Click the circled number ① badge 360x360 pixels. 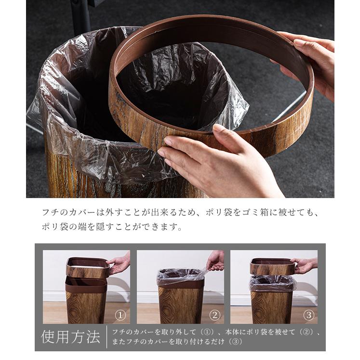pyautogui.click(x=120, y=316)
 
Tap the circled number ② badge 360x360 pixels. pyautogui.click(x=214, y=316)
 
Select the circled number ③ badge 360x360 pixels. pyautogui.click(x=308, y=316)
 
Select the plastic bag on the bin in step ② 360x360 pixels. pyautogui.click(x=180, y=277)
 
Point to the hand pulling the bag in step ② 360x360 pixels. pyautogui.click(x=215, y=261)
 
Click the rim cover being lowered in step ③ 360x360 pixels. pyautogui.click(x=272, y=266)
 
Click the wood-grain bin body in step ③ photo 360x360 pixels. pyautogui.click(x=272, y=306)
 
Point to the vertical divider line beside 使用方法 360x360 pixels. pyautogui.click(x=107, y=336)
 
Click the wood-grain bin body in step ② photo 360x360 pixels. pyautogui.click(x=180, y=306)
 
